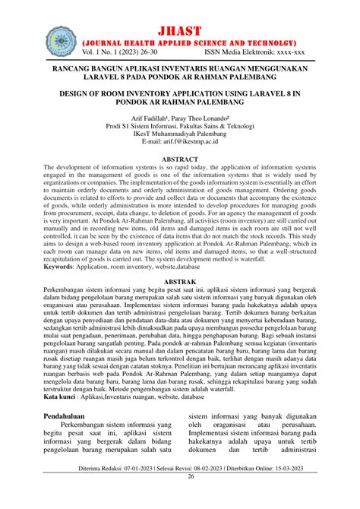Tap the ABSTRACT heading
pos(180,160)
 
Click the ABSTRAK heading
pos(180,282)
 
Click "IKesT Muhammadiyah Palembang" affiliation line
pos(180,132)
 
